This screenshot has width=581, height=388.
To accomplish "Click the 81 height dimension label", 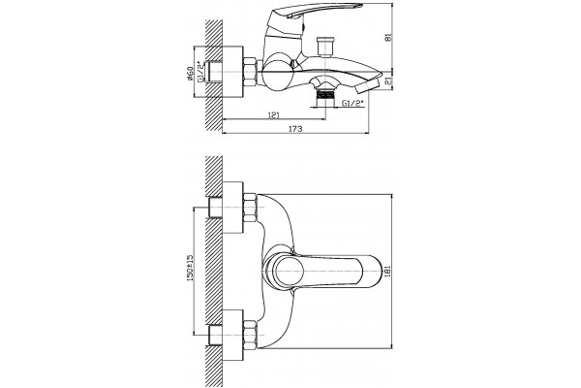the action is (x=388, y=38).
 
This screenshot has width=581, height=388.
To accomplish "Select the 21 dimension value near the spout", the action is (x=388, y=81).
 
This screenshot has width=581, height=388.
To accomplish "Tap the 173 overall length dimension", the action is (x=295, y=129).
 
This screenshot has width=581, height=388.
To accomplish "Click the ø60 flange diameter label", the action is (x=190, y=74).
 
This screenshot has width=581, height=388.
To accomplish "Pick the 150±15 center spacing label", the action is (x=190, y=268).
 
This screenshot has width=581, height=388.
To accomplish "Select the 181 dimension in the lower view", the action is (x=388, y=271).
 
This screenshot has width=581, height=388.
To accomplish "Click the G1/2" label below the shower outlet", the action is (x=352, y=103).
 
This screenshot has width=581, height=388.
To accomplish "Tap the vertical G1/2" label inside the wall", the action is (x=200, y=72).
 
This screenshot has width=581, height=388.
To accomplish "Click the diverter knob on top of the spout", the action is (x=325, y=47).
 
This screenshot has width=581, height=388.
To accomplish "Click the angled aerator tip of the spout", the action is (x=369, y=86).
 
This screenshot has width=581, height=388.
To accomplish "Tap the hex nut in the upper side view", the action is (x=250, y=72).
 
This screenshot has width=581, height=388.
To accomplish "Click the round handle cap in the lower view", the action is (x=284, y=271).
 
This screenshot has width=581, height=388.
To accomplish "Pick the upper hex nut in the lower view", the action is (x=250, y=208).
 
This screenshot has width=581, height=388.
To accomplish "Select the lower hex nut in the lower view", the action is (x=250, y=335).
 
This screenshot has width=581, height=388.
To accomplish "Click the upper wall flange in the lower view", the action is (x=232, y=208).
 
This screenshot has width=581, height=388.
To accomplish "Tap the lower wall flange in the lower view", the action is (x=232, y=335).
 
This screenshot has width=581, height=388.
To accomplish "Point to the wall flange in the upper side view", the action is (x=232, y=72).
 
